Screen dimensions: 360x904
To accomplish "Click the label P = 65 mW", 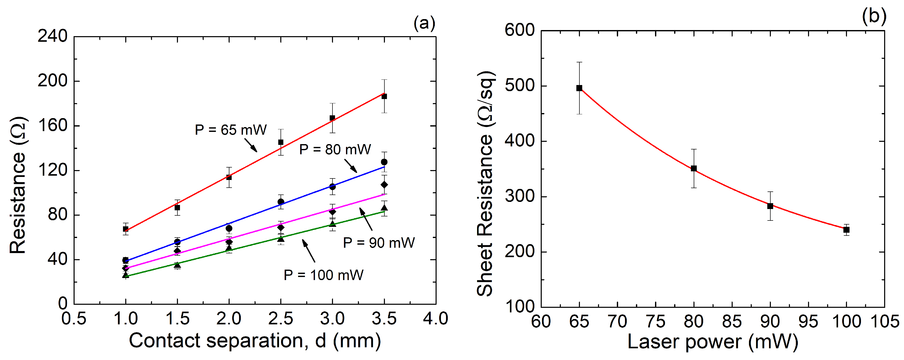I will coord(231,130).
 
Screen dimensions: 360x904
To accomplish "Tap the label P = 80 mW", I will coord(335,150).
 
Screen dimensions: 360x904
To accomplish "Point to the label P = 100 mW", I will coord(323,275).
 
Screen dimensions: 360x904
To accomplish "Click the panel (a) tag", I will coord(424,23).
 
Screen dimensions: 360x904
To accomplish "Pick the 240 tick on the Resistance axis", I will coord(53,36).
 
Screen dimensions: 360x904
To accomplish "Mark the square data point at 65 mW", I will coord(579,88).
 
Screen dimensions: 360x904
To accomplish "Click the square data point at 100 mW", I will coord(846,230).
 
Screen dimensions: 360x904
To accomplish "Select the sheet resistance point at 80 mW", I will coord(694,169).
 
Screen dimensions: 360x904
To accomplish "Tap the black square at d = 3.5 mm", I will coord(384,96).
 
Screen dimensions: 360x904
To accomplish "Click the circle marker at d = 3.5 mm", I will coord(384,162).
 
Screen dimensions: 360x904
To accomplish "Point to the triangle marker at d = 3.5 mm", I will coord(384,208).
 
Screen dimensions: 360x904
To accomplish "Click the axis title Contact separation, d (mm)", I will coord(255,341).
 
